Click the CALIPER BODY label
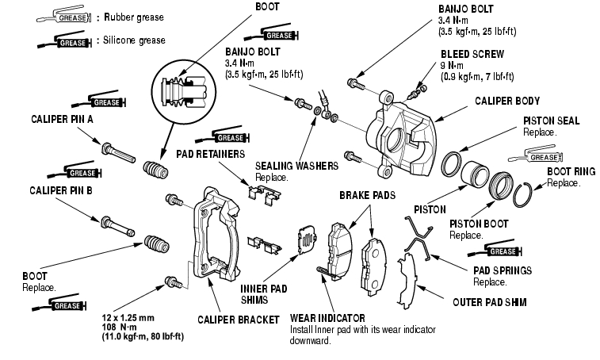coord(506,101)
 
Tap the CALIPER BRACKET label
coord(238,320)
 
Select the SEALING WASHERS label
coord(296,166)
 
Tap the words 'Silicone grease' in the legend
coord(130,39)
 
